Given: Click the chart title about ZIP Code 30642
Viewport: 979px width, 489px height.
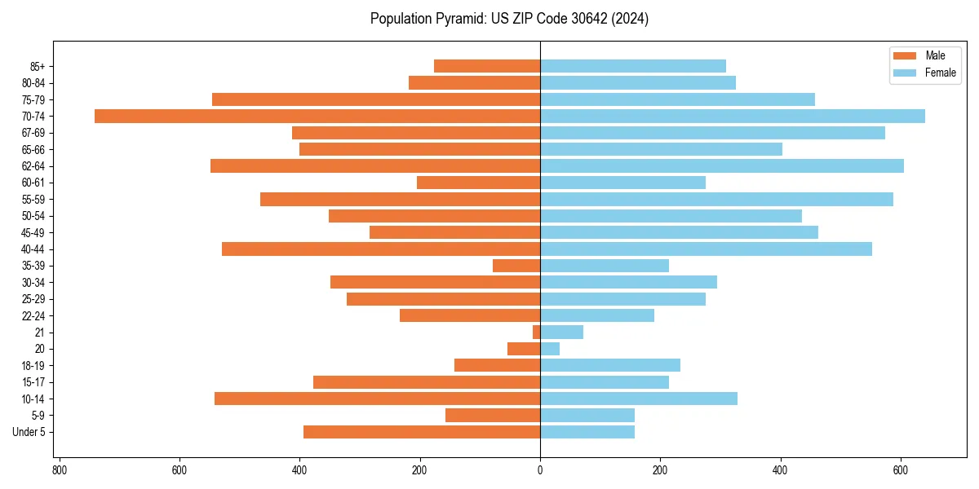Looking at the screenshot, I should tap(509, 19).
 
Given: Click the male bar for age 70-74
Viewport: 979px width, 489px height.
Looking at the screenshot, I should tap(317, 116).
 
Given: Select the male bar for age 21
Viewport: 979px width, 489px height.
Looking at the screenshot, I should tap(537, 332).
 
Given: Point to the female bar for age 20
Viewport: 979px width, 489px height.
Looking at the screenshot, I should tap(550, 349).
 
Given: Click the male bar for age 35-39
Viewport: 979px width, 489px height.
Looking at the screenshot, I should tap(516, 266).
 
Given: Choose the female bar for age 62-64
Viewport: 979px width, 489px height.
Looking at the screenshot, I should tap(722, 165).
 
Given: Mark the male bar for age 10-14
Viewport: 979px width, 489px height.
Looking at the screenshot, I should tap(377, 399).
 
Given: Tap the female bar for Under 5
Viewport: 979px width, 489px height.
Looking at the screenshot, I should tap(587, 432).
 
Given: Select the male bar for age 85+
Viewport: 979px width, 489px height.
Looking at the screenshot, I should tap(487, 66).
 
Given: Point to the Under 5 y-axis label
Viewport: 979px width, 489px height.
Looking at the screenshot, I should tap(29, 432).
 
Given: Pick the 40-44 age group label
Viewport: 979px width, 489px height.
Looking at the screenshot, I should tap(33, 249).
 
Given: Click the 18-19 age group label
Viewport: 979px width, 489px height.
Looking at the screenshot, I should tap(33, 365).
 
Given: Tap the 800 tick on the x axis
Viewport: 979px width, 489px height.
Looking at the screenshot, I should tap(59, 470).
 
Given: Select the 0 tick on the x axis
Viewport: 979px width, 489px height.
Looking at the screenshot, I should tap(540, 470).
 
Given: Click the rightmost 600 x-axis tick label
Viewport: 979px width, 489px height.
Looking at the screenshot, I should tap(901, 470).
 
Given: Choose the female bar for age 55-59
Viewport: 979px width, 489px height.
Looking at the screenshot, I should tap(716, 199).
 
